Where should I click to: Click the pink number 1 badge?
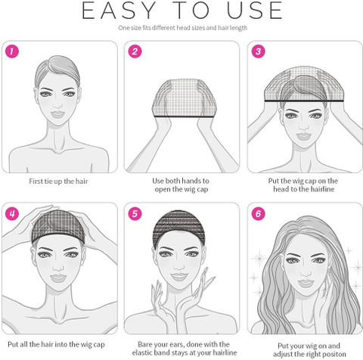click(x=12, y=51)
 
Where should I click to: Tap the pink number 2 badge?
click(x=135, y=51)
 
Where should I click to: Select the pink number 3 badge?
click(x=259, y=51)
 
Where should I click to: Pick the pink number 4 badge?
click(x=12, y=214)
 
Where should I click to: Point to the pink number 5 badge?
click(x=135, y=214)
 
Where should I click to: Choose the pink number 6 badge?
click(x=259, y=214)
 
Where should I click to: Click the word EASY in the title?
click(x=119, y=11)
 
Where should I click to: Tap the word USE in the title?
click(x=255, y=11)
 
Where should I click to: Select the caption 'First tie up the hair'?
click(x=58, y=182)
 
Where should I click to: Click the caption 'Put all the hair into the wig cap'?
click(x=56, y=344)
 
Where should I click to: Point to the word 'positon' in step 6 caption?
click(x=333, y=354)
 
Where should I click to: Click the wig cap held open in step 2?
click(x=185, y=98)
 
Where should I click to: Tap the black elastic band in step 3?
click(x=304, y=101)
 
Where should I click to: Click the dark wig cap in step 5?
click(x=178, y=227)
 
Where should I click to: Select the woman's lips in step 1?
click(x=57, y=114)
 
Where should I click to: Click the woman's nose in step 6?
click(x=306, y=272)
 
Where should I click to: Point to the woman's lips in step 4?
click(x=58, y=278)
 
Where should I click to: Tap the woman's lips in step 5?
click(x=178, y=277)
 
